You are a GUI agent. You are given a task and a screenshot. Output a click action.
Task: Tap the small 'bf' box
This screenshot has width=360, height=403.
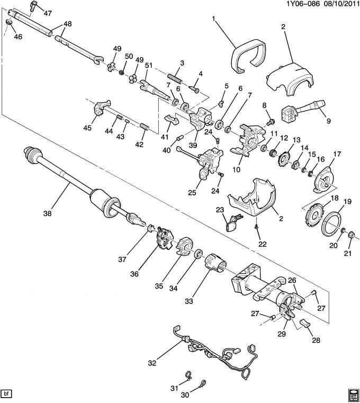[x=7, y=393]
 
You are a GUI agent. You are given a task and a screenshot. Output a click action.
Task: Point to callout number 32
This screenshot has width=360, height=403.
[x=152, y=363]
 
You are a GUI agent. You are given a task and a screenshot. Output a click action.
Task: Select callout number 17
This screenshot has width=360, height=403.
[x=335, y=154]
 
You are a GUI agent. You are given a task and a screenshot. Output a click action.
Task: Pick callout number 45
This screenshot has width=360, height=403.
[x=87, y=128]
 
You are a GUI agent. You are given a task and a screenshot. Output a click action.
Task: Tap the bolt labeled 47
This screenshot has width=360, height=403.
[x=35, y=7]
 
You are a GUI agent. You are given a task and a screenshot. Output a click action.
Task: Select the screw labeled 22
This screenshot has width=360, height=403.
[x=257, y=226]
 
